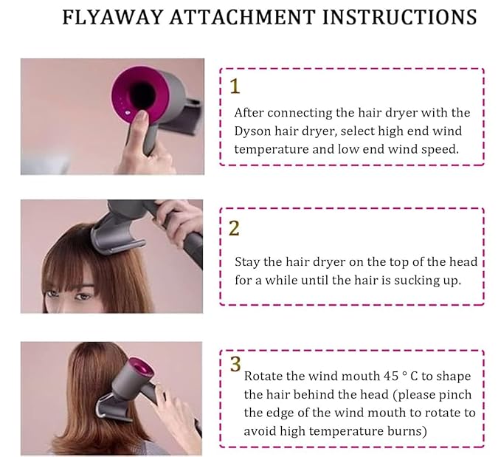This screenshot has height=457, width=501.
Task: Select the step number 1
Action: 235,86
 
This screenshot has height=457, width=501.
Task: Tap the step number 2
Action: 234,227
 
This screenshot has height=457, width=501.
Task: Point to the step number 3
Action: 235,364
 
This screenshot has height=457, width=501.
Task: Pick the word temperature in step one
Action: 267,148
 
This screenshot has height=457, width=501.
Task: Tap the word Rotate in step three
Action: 263,377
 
